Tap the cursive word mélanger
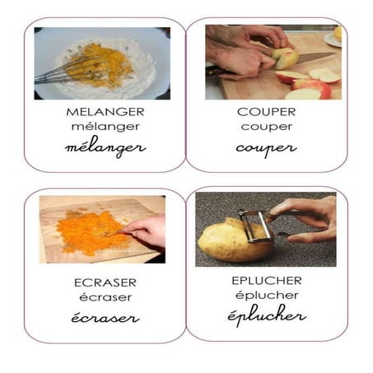tap(105, 148)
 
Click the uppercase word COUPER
tap(265, 112)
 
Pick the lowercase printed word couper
tap(265, 128)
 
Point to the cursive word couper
tap(265, 149)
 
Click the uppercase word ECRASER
tap(105, 282)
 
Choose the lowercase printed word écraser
tap(105, 297)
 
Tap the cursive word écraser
tap(105, 318)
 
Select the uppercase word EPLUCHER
tap(266, 280)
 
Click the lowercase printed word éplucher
tap(266, 295)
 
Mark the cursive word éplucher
tap(266, 315)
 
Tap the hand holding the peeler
tap(309, 216)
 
